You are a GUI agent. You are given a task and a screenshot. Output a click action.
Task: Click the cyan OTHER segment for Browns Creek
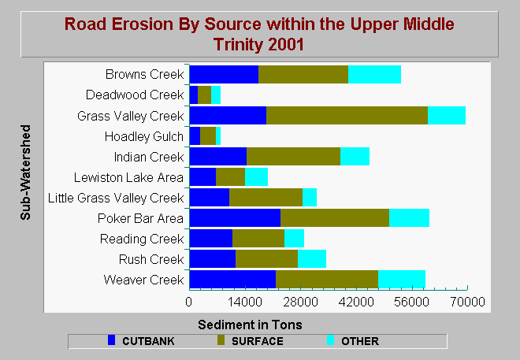374,75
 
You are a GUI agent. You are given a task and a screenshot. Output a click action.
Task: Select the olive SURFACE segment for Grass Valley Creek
347,115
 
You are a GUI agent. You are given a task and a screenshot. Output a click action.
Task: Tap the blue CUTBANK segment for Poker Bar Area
235,217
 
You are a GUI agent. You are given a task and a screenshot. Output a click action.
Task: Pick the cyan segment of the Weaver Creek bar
402,279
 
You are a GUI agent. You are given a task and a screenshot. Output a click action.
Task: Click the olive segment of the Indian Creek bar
294,157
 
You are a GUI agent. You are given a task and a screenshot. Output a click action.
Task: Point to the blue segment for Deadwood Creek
194,95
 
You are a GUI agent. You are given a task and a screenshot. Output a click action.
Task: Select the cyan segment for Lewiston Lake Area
256,177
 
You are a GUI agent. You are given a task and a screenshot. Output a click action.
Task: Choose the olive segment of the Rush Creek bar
266,258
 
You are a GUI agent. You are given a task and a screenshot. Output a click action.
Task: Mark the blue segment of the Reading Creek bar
211,239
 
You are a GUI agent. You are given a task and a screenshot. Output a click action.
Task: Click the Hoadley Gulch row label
144,136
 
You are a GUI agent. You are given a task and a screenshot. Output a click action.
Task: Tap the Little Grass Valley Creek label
116,198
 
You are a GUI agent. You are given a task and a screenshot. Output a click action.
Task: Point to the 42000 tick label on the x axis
356,302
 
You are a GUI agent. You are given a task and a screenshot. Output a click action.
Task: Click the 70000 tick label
467,302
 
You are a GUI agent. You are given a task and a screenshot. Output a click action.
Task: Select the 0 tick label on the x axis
189,302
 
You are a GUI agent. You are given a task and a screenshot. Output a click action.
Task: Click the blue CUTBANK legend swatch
111,340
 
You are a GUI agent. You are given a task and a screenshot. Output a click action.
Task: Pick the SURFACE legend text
258,341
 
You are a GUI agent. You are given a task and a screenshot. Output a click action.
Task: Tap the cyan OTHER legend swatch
330,340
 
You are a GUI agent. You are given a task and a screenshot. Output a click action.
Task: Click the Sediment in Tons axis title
250,325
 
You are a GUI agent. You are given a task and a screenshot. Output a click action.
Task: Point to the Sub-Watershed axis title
25,173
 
